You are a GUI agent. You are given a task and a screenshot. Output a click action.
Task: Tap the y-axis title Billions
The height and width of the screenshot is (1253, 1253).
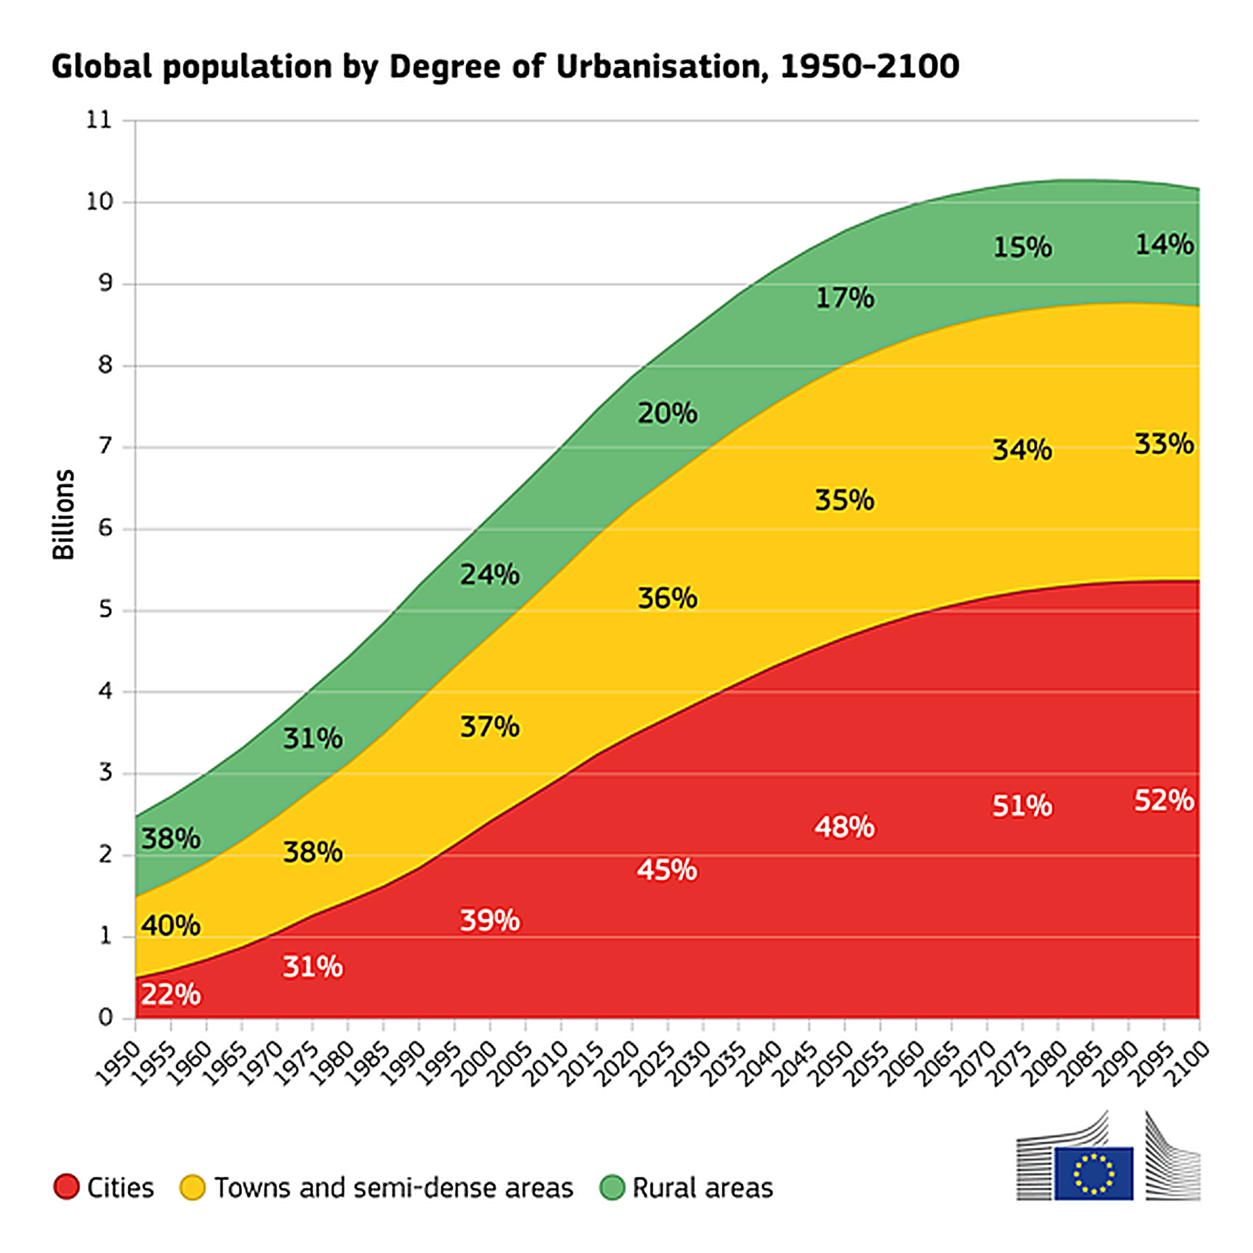pyautogui.click(x=64, y=514)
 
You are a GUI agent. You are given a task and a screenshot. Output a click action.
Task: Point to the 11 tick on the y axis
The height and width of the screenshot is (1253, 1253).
pyautogui.click(x=99, y=120)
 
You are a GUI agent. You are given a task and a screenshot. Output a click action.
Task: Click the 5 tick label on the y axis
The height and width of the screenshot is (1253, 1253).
pyautogui.click(x=106, y=610)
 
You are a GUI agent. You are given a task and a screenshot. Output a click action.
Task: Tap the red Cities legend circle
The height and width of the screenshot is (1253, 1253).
pyautogui.click(x=66, y=1187)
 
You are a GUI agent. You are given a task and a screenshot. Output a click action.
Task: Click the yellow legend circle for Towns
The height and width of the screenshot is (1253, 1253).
pyautogui.click(x=192, y=1187)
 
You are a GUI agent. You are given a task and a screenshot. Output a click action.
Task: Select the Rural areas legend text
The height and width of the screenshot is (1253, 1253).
pyautogui.click(x=702, y=1188)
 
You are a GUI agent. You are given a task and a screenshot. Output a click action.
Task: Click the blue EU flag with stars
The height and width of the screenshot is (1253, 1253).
pyautogui.click(x=1093, y=1173)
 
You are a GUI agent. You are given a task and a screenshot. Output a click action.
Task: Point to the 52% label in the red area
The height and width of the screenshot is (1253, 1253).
pyautogui.click(x=1163, y=800)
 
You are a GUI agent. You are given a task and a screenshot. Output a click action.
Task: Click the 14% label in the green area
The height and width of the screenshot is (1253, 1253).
pyautogui.click(x=1164, y=245)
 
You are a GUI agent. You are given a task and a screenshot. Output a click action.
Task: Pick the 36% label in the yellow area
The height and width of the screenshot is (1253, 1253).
pyautogui.click(x=667, y=599)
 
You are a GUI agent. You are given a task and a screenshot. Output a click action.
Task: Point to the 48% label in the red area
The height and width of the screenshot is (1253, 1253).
pyautogui.click(x=844, y=828)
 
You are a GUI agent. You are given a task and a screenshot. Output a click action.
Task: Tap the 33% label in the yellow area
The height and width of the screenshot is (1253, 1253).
pyautogui.click(x=1163, y=444)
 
